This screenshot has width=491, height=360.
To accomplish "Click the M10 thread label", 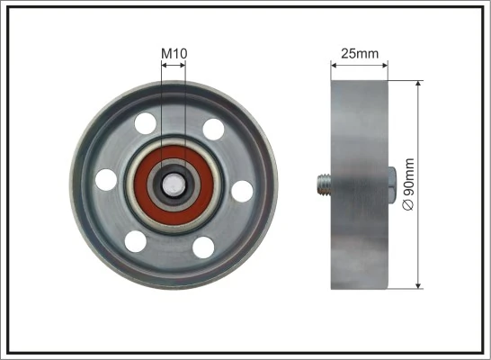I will (x=174, y=54).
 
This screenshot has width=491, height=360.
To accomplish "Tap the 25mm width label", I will (x=361, y=53).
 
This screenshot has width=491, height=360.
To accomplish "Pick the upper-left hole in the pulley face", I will (x=142, y=121).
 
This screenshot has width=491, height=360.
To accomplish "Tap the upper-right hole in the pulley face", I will (x=213, y=130).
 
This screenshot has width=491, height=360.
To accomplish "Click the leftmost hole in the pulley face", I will (x=106, y=179).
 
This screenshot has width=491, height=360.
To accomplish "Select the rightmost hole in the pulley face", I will (x=242, y=190).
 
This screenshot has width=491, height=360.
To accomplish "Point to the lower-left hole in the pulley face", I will (x=135, y=240).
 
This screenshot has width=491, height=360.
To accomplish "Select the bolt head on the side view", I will (x=394, y=184).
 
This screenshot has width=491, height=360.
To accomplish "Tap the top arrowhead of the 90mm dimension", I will (x=419, y=84).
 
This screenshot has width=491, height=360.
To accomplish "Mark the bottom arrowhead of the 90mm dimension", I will (x=419, y=285).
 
